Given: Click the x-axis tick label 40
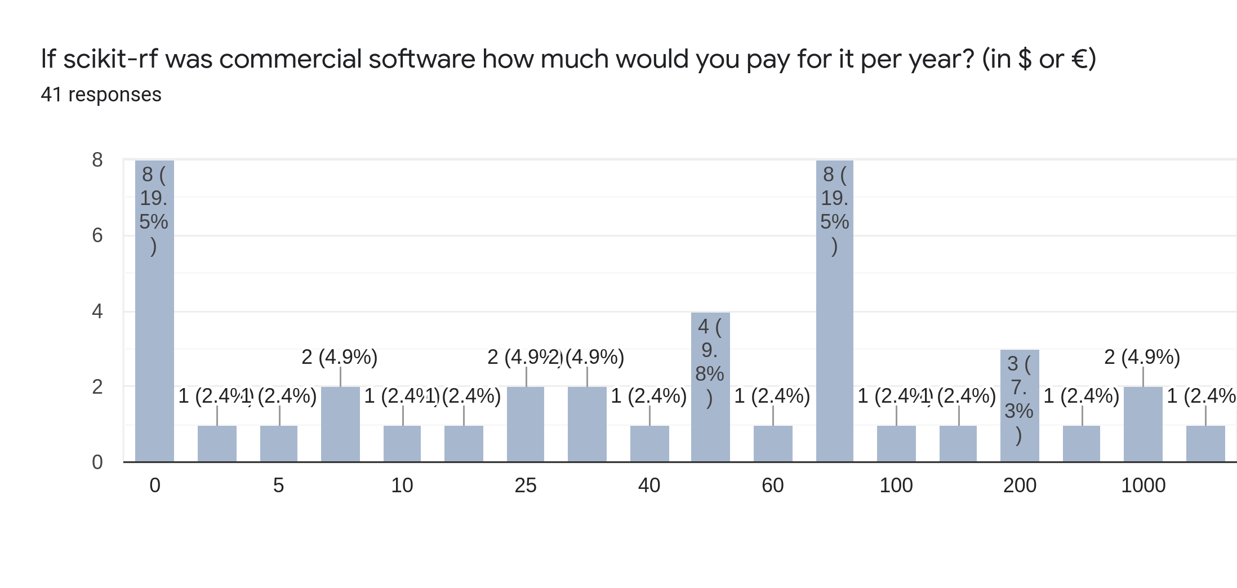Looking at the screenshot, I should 649,485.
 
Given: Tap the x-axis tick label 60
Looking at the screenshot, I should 772,485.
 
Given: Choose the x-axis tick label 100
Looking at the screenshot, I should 896,485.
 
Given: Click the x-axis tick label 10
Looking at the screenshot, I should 402,485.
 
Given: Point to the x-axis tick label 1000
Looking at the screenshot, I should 1143,485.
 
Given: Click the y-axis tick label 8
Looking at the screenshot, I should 97,160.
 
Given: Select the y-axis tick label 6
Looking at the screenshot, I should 97,235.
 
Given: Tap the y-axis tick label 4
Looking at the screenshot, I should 97,311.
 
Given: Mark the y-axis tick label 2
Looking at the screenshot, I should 97,387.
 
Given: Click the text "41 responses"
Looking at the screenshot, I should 101,95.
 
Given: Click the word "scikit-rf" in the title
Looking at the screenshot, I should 110,59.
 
